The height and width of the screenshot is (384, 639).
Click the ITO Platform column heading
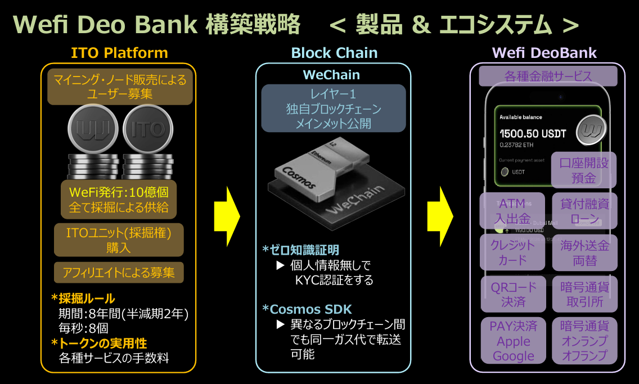(x=119, y=53)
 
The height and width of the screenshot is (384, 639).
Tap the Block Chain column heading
(x=334, y=53)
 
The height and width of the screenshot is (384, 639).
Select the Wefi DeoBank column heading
(x=544, y=53)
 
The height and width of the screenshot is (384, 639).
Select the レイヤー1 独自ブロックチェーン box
(x=334, y=109)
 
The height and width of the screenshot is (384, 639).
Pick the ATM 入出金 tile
(x=512, y=211)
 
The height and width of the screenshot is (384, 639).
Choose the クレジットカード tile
(x=512, y=252)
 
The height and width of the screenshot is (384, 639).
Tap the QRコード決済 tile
(x=513, y=294)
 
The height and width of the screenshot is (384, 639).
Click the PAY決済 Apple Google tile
(x=513, y=341)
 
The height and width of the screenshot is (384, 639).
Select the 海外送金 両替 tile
(x=584, y=252)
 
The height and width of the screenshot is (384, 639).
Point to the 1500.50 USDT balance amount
(x=533, y=134)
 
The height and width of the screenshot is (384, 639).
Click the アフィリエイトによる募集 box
(x=119, y=273)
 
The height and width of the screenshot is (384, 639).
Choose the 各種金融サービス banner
(x=547, y=76)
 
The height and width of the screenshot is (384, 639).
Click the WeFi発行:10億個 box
(x=119, y=199)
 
